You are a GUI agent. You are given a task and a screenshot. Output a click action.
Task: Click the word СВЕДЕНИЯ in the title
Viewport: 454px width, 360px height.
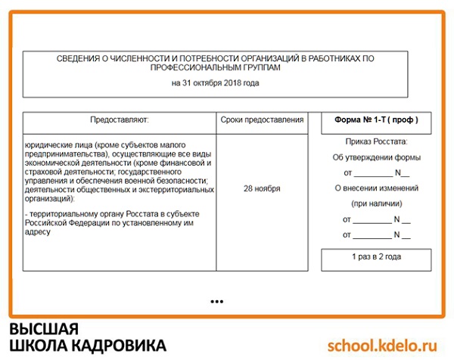click(x=79, y=58)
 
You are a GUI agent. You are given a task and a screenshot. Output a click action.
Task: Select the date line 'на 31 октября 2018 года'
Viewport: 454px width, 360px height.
click(x=215, y=82)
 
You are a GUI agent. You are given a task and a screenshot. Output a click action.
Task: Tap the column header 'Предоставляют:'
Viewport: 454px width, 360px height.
click(x=120, y=120)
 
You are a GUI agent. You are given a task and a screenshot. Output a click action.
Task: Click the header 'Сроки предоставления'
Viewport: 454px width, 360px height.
click(x=262, y=120)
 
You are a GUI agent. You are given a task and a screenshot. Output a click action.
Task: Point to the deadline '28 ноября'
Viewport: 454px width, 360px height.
click(x=262, y=188)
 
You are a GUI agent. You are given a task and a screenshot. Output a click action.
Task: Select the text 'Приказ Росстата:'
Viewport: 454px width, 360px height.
click(x=376, y=141)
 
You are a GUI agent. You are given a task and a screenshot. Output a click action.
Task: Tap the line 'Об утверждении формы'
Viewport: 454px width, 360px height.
click(x=376, y=158)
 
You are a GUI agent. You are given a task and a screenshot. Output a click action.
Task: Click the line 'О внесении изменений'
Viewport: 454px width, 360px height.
click(x=376, y=188)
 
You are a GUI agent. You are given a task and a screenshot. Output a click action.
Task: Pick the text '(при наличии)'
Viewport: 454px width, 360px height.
click(x=376, y=204)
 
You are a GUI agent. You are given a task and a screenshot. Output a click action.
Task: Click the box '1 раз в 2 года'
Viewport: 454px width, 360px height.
click(x=376, y=257)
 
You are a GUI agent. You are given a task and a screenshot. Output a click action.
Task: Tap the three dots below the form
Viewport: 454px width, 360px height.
click(x=217, y=302)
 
